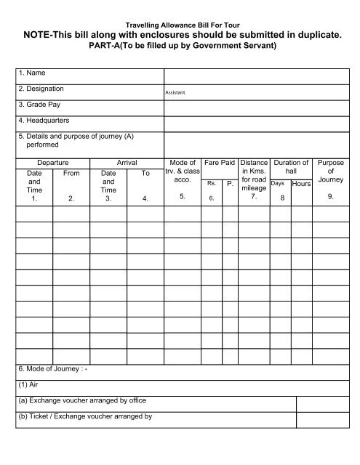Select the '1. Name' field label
31,75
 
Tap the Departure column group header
52,163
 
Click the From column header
71,174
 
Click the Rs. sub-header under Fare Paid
211,183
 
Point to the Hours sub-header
301,185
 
